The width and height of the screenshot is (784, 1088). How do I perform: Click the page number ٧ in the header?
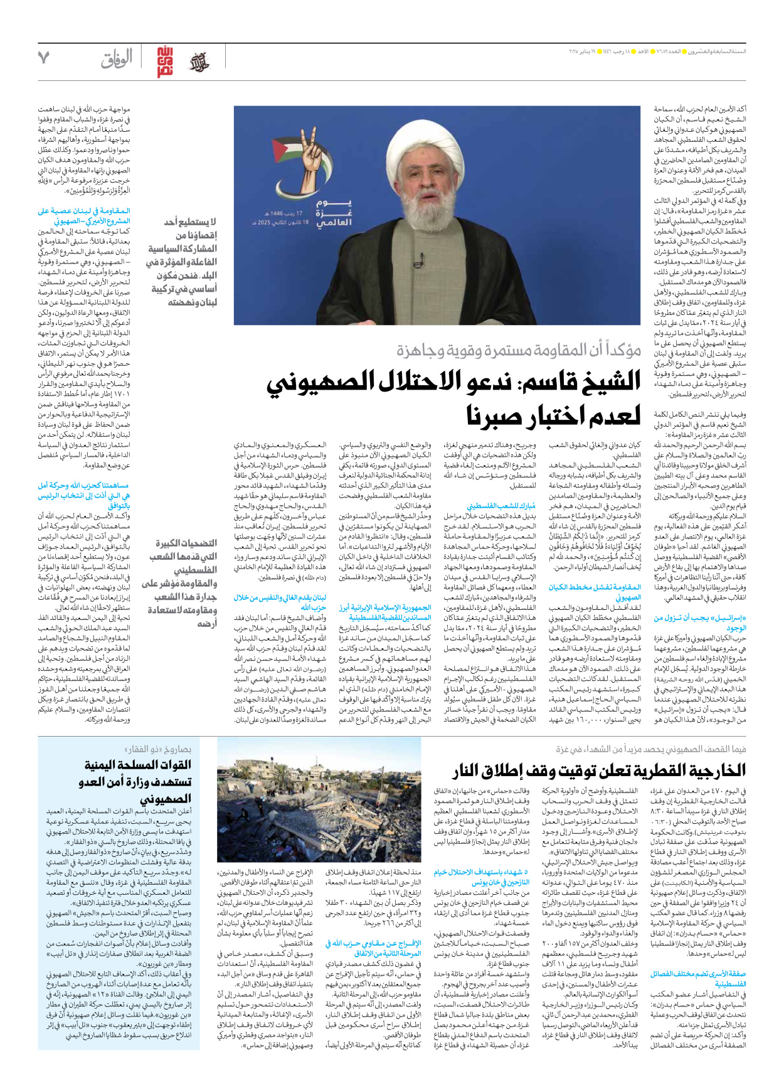43,58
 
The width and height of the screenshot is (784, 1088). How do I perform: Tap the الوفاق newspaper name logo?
117,60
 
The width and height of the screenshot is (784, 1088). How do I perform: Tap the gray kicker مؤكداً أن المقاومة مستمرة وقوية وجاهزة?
518,350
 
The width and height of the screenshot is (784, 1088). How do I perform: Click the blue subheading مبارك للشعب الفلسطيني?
501,505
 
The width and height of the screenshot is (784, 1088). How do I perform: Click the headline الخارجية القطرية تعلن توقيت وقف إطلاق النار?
598,771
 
